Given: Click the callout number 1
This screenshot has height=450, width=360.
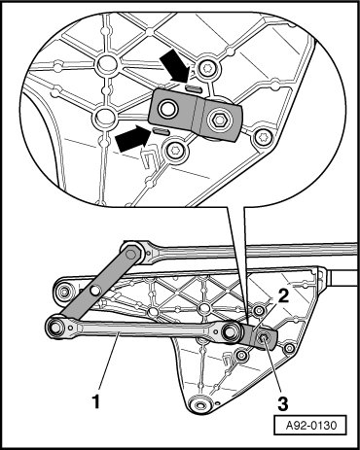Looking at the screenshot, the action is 95,401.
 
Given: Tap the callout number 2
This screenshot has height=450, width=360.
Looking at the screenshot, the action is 283,296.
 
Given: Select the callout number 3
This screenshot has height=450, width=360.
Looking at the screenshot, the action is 283,403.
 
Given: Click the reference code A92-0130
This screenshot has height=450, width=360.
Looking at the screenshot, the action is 311,425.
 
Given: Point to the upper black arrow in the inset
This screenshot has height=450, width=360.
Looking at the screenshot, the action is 175,66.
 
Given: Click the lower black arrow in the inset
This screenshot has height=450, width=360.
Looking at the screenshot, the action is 132,139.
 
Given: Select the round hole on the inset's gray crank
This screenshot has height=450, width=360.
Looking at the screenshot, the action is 167,109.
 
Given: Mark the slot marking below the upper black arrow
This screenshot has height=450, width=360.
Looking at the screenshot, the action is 194,88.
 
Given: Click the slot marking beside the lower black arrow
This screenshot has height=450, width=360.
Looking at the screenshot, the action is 161,131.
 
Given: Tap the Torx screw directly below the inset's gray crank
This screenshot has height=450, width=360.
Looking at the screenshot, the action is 176,151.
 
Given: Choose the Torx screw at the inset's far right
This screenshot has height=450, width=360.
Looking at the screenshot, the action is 262,138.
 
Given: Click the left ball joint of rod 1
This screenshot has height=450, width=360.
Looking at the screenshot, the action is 55,328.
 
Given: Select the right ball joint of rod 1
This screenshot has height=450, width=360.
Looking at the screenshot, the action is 232,332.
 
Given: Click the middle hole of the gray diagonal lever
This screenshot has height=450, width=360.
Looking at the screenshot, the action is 94,291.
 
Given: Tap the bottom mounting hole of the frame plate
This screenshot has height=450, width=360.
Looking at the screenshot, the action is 199,405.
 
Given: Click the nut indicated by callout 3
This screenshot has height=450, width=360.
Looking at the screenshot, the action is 263,339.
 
